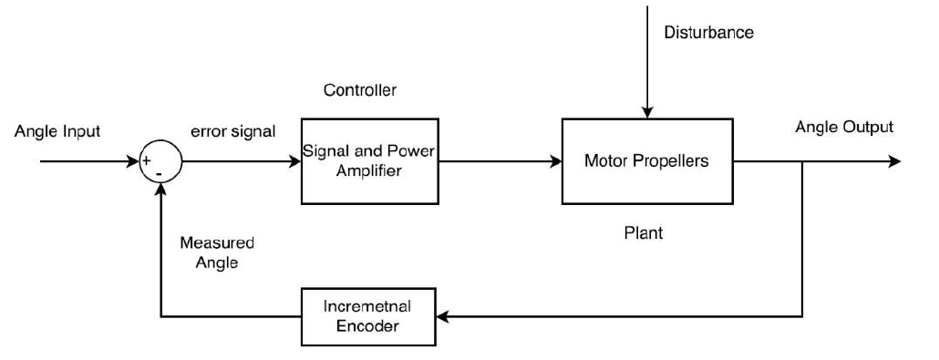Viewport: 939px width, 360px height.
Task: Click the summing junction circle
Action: tap(160, 141)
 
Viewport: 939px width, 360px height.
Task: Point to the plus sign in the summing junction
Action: tap(146, 160)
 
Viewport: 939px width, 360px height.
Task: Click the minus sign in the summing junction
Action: tap(160, 174)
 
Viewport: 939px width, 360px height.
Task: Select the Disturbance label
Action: tap(708, 32)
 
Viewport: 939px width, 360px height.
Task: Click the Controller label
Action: tap(360, 90)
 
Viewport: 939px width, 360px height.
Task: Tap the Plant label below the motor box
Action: tap(644, 232)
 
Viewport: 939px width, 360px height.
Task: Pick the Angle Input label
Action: tap(57, 131)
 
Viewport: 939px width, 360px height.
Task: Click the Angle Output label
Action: tap(844, 127)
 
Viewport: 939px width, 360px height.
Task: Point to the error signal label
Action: tap(233, 131)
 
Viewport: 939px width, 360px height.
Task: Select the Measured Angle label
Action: tap(217, 252)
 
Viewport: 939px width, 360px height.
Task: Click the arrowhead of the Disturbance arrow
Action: tap(646, 112)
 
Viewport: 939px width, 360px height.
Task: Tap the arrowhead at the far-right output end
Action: tap(894, 161)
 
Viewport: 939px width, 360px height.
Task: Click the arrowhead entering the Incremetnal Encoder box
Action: tap(443, 317)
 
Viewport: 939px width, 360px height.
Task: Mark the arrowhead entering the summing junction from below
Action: tap(160, 190)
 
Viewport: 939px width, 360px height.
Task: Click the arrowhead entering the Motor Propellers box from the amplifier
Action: tap(555, 161)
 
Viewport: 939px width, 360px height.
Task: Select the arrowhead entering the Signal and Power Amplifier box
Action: tap(294, 161)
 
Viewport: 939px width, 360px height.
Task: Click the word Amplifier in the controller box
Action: tap(369, 171)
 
